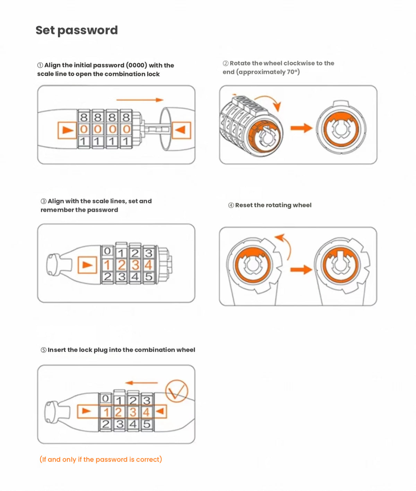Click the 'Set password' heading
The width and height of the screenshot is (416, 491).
coord(77,30)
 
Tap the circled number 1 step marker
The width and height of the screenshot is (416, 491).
coord(40,65)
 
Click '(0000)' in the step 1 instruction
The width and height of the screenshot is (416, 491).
coord(137,65)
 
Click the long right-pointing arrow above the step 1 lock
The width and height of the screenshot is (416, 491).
coord(140,100)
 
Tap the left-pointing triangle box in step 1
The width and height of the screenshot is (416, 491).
coord(181,130)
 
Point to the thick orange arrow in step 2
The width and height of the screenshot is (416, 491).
coord(301,128)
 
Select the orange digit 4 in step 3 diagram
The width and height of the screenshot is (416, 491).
coord(148,265)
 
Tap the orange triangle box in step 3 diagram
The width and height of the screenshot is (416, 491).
coord(87,265)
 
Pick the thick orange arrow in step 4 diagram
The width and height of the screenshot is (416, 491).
coord(301,270)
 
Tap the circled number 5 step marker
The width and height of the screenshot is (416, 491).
coord(44,350)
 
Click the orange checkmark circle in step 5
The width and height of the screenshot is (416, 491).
coord(176,391)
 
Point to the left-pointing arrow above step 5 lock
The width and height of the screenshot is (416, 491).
coord(141,383)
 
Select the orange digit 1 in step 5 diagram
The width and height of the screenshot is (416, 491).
coord(106,412)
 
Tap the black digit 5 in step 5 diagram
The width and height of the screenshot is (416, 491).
coord(147,424)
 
